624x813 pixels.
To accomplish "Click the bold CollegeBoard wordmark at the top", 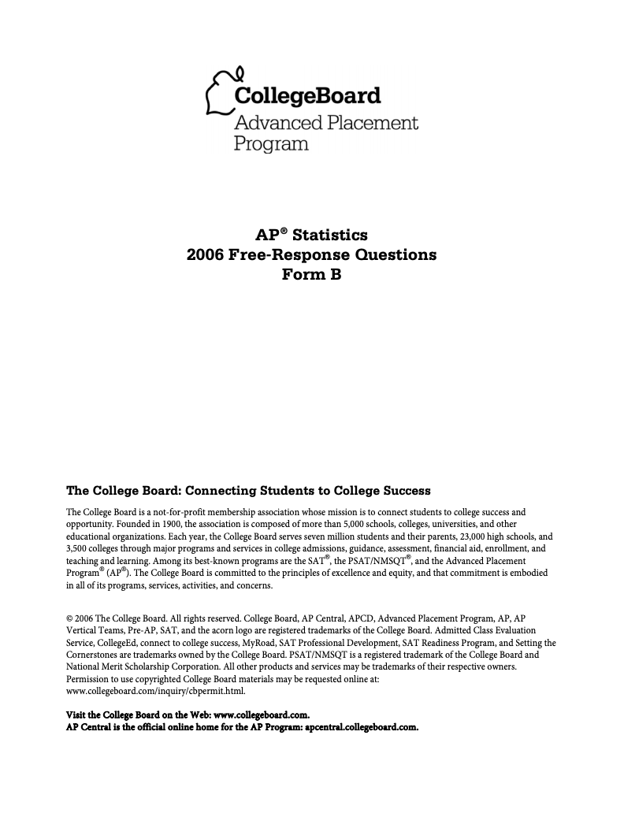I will (307, 97).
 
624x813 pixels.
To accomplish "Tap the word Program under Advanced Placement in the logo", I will (270, 143).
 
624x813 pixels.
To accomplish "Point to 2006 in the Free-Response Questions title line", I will (204, 255).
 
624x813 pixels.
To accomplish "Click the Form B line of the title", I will (311, 275).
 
